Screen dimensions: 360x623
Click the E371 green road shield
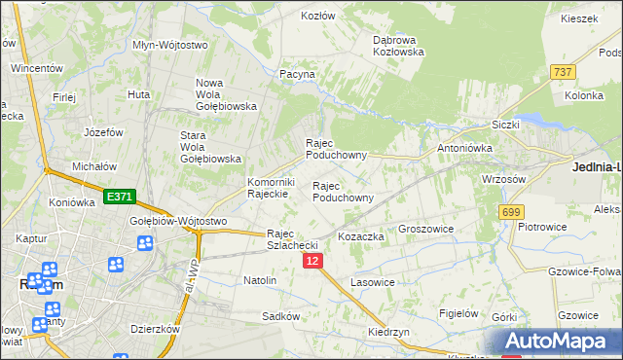[120, 197]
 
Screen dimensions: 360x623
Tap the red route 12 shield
[312, 262]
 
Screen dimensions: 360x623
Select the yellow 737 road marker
[562, 72]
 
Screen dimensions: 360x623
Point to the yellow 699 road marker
[511, 211]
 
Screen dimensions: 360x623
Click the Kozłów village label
[318, 17]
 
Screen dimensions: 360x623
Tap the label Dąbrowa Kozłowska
[399, 46]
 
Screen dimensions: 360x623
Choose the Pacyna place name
[297, 74]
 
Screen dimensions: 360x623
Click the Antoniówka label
[465, 148]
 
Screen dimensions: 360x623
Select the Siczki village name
[506, 125]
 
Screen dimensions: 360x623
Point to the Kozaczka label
[361, 236]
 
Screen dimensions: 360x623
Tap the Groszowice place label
[428, 229]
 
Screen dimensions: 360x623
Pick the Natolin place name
[260, 280]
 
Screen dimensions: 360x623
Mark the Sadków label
[279, 317]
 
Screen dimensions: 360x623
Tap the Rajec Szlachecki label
[294, 239]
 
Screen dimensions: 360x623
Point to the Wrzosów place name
[503, 179]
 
